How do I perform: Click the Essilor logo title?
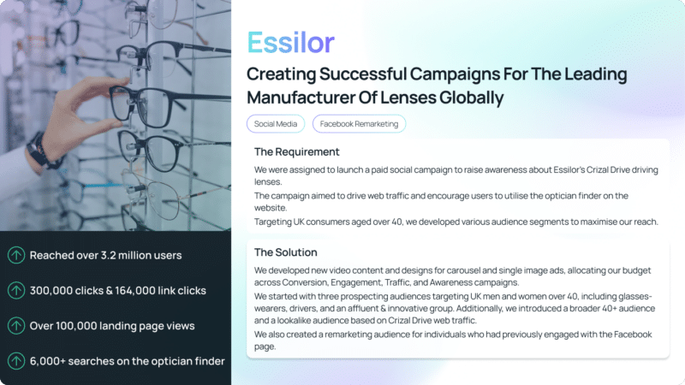tap(290, 42)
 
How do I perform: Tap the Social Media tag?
tap(276, 124)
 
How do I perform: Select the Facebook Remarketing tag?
tap(359, 124)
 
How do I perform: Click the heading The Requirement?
tap(296, 152)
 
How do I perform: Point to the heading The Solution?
tap(286, 252)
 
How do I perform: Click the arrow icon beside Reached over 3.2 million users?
tap(16, 255)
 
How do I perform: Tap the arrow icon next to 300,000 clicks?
tap(16, 291)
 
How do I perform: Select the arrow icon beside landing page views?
tap(16, 326)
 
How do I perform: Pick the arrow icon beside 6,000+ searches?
tap(16, 361)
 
